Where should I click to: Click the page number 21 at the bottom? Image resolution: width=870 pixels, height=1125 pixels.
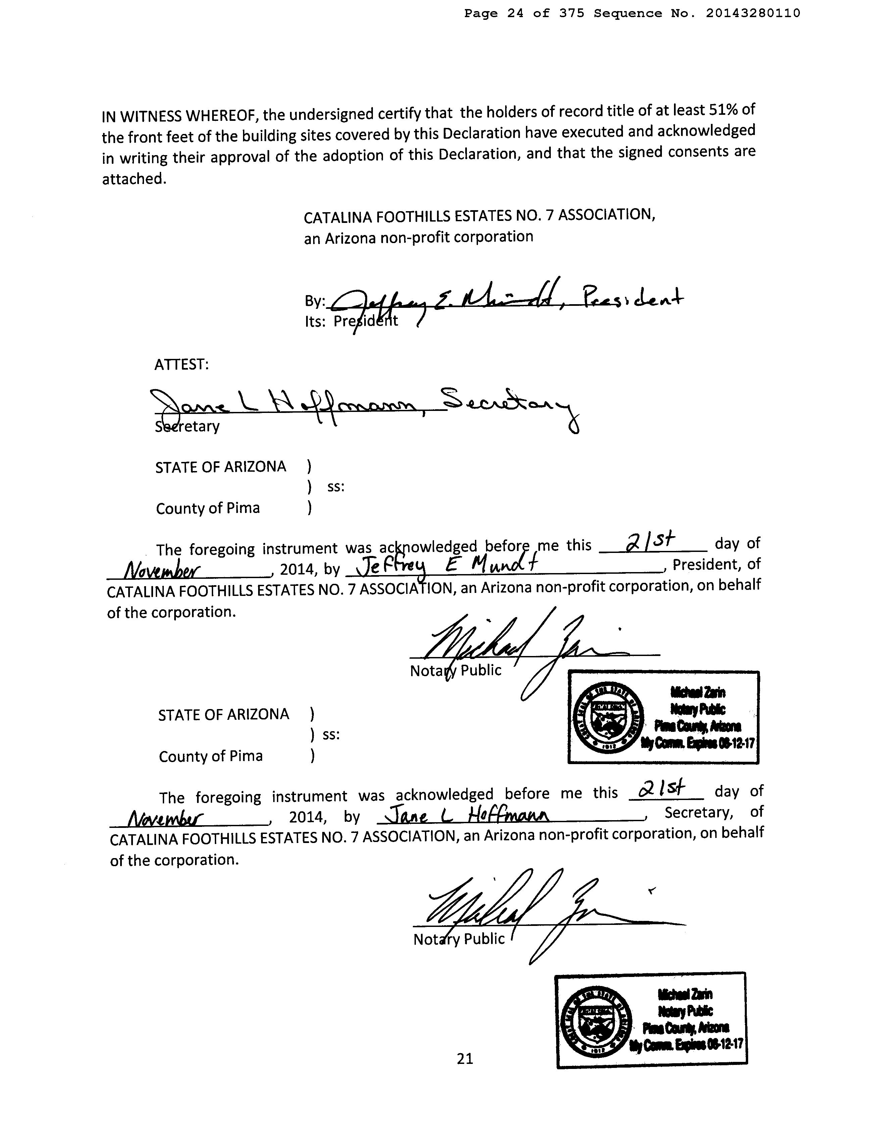pos(464,1058)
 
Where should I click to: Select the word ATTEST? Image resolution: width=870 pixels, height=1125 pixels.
pos(181,364)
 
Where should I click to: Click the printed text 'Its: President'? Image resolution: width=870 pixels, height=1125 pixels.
pos(351,321)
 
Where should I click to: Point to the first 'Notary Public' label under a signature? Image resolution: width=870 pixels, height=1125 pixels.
pos(455,671)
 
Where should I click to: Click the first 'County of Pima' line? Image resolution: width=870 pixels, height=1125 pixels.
pos(207,508)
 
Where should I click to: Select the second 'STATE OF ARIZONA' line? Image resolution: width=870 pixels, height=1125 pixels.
pos(224,714)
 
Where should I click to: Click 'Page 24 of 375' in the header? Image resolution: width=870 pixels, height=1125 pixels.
pos(524,13)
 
